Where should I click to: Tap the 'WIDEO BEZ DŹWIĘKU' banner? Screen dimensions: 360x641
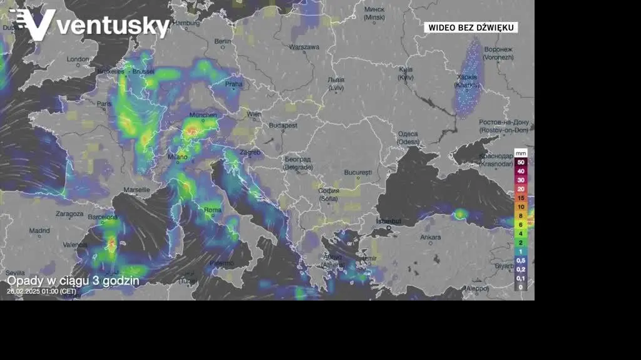471,28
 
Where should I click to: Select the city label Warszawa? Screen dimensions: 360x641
305,47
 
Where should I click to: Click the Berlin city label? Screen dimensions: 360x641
223,41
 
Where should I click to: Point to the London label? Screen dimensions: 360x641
78,59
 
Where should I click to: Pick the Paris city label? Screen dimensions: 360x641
104,104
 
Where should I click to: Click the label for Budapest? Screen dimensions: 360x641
283,125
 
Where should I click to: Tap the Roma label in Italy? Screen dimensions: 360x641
213,210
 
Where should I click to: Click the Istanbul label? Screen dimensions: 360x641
388,222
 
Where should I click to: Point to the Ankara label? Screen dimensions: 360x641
430,237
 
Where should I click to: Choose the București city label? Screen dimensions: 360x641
358,172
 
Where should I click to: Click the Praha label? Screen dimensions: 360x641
233,84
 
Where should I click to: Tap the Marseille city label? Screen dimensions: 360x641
137,189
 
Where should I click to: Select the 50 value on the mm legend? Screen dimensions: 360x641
521,162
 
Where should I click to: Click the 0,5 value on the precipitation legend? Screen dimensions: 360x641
521,260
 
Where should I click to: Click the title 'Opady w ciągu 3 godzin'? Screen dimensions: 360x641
73,280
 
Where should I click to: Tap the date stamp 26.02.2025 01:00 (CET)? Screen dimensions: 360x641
41,291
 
